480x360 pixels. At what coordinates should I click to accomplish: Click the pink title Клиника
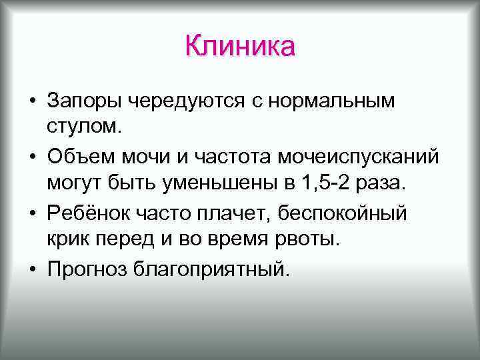point(240,47)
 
